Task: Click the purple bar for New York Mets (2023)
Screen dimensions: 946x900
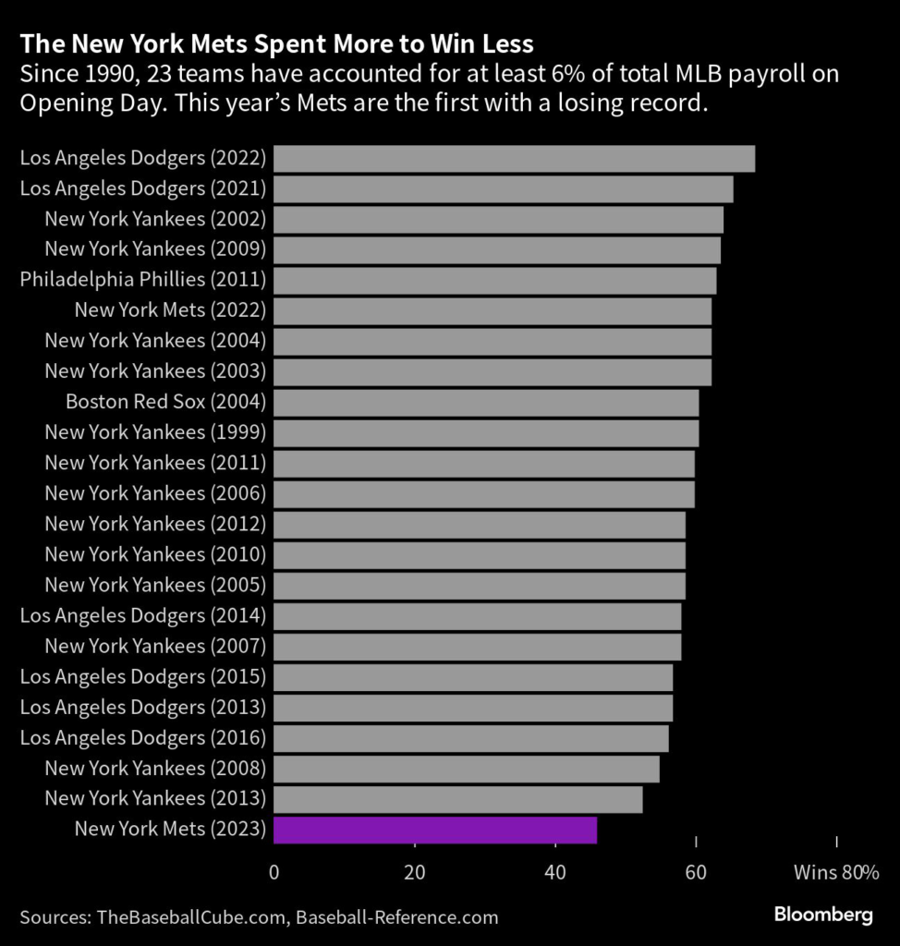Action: click(435, 830)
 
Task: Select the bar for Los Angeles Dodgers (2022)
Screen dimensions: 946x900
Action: click(514, 159)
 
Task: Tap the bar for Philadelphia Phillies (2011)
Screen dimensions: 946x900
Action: click(494, 281)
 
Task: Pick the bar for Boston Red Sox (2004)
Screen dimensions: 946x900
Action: click(486, 403)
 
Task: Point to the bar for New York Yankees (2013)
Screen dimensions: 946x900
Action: click(457, 799)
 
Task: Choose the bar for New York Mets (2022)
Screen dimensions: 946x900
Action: click(493, 311)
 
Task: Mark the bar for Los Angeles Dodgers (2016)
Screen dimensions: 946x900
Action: click(470, 738)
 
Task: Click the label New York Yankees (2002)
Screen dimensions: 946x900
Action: click(155, 220)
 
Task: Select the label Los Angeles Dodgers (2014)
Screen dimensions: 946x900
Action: click(143, 616)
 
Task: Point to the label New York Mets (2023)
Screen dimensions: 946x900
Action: click(170, 830)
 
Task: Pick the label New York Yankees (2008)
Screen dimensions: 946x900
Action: click(155, 769)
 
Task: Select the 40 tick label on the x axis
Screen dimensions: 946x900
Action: click(555, 871)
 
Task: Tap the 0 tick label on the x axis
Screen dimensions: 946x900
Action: click(274, 871)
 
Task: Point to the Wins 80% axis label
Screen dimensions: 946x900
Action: click(835, 871)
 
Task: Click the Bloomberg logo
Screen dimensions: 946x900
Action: click(822, 916)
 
